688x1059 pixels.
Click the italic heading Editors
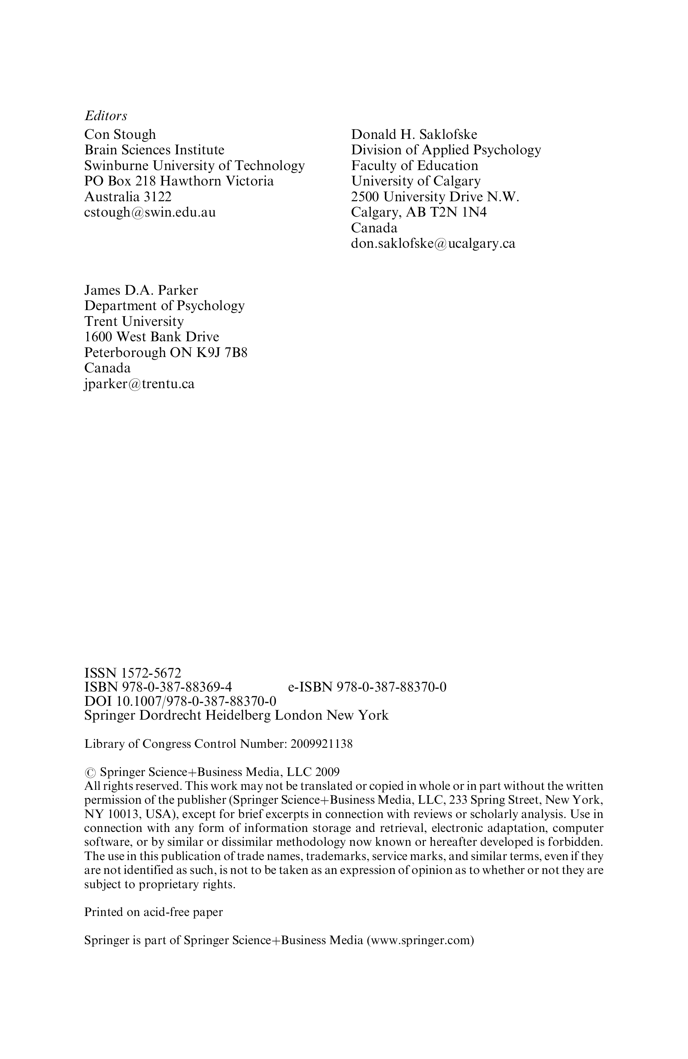coord(106,116)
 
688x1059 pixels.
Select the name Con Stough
coord(120,134)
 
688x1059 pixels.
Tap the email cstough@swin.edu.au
coord(150,212)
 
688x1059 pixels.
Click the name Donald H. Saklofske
coord(414,134)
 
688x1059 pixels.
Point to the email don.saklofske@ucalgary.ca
coord(433,243)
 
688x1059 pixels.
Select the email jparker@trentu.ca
coord(139,384)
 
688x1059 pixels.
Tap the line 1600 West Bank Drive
coord(151,337)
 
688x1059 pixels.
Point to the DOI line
coord(180,701)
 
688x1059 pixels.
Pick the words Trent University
coord(134,321)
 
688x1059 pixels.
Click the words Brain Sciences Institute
coord(154,150)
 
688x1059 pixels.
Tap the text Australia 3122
coord(128,197)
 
